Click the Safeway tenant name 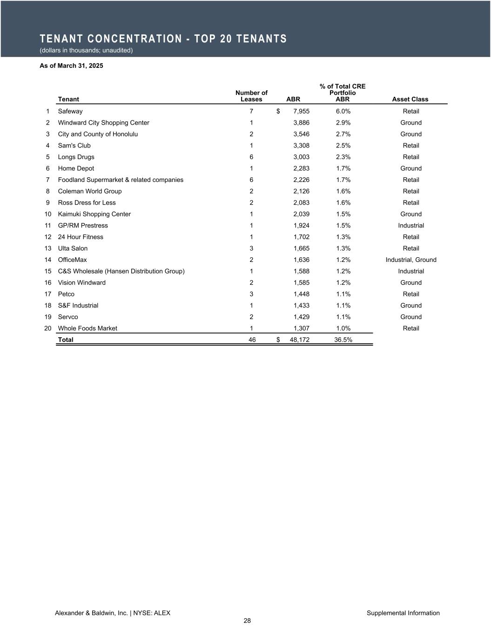click(x=70, y=111)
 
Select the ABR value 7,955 click(x=301, y=111)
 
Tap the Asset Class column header click(x=410, y=99)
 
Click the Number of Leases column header click(x=251, y=96)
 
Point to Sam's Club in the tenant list click(x=74, y=146)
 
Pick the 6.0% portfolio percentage click(x=343, y=111)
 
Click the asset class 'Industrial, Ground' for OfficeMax click(x=411, y=260)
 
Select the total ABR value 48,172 click(x=299, y=340)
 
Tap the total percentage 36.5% click(x=343, y=340)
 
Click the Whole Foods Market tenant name click(x=87, y=328)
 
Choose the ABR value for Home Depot click(x=301, y=168)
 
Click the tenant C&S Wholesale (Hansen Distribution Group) click(x=121, y=271)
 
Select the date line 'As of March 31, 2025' click(x=71, y=66)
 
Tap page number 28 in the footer click(x=247, y=621)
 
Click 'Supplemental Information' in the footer click(x=403, y=613)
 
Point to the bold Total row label click(x=66, y=340)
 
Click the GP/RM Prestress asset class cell click(x=411, y=226)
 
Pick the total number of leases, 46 click(x=252, y=340)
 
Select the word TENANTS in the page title click(x=262, y=39)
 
